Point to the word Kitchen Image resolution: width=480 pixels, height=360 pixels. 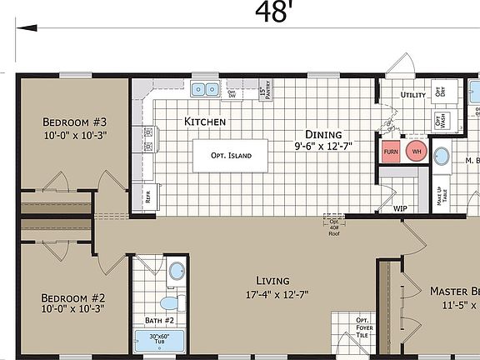205,122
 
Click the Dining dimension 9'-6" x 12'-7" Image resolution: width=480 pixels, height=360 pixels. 322,147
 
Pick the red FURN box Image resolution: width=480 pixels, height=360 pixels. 391,152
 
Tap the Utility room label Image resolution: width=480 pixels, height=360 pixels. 413,96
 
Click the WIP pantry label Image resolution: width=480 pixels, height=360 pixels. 400,208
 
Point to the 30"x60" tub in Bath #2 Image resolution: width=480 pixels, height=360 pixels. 158,341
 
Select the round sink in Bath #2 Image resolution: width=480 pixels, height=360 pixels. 176,271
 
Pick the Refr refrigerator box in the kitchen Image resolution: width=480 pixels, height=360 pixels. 147,197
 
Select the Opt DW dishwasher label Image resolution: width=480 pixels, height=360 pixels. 232,93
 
